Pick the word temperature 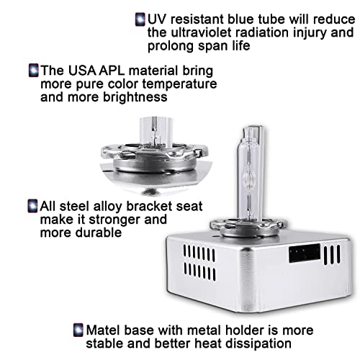point(179,84)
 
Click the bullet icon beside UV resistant point(140,19)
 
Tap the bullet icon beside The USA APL point(33,71)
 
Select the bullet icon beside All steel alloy point(32,206)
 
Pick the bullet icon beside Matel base point(78,330)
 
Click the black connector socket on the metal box point(305,253)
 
